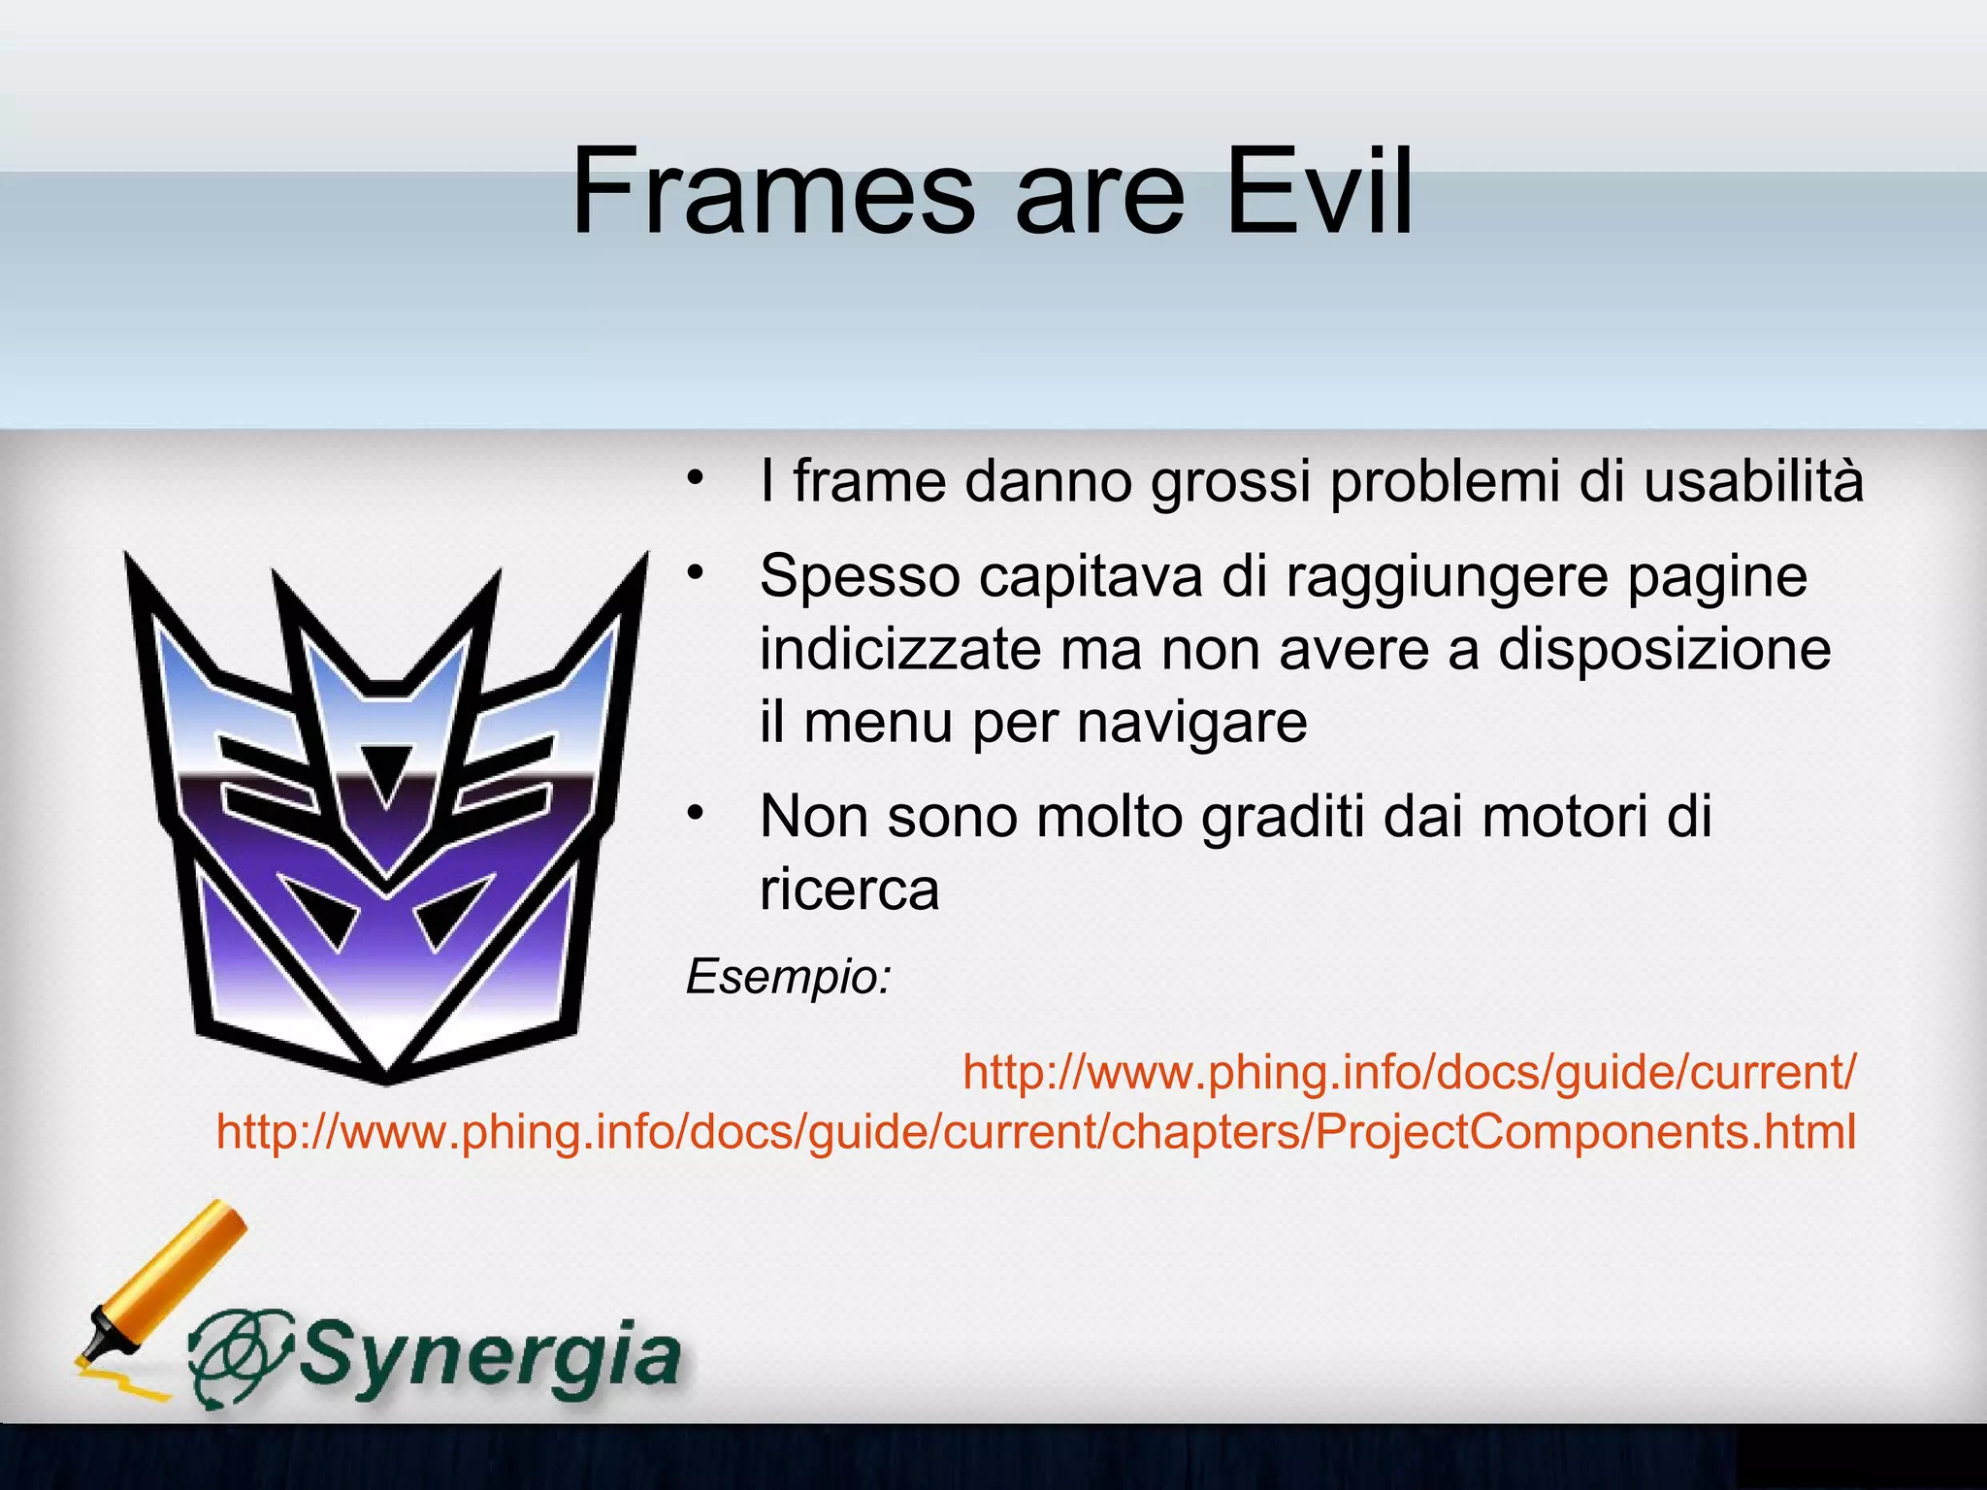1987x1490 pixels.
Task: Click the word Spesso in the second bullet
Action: click(x=860, y=577)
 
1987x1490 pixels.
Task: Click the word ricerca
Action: click(x=849, y=890)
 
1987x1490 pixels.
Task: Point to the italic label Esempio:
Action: click(x=788, y=976)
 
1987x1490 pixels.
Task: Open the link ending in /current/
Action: click(x=1409, y=1072)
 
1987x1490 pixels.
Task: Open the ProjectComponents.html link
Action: click(x=1036, y=1132)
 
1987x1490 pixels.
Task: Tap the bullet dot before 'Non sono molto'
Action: click(x=694, y=813)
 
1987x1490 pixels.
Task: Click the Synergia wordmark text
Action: click(x=490, y=1356)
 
